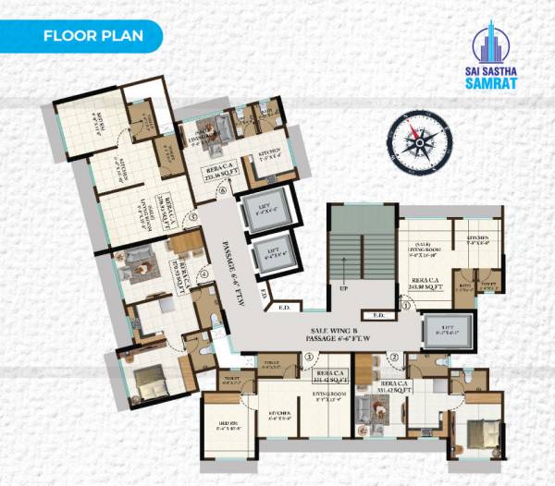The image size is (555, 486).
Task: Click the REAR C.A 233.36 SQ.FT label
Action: (221, 173)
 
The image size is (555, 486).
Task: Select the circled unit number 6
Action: (222, 192)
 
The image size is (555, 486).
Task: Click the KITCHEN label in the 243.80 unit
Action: (477, 240)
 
